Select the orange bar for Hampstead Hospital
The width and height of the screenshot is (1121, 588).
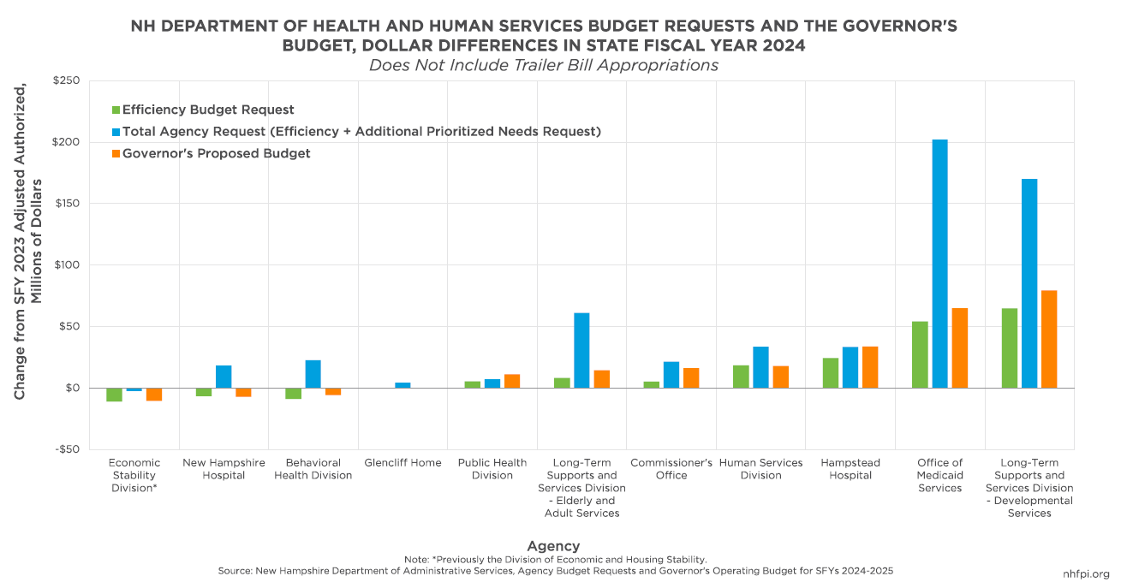click(870, 367)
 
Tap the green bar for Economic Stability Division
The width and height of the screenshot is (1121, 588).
click(114, 395)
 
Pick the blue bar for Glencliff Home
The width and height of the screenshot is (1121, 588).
click(402, 385)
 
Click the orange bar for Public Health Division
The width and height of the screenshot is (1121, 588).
click(512, 381)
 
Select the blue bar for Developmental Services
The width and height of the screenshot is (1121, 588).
click(1029, 283)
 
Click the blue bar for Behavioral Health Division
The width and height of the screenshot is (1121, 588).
click(313, 374)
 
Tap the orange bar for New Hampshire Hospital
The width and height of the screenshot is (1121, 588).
click(243, 392)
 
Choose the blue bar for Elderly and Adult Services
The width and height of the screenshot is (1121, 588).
click(581, 350)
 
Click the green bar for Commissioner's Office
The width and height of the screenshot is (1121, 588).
click(652, 384)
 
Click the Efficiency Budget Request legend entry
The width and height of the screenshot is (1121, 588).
click(207, 110)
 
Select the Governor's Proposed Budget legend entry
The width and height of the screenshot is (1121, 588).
click(216, 153)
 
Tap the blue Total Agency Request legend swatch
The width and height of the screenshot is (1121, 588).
click(116, 132)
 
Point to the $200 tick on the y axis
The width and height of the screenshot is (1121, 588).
click(65, 142)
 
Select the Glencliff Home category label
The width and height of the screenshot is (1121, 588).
click(402, 463)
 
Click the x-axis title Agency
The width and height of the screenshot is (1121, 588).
click(553, 545)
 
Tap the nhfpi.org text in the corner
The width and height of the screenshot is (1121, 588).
click(1086, 574)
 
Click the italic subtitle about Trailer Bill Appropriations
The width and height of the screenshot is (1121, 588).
click(543, 65)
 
